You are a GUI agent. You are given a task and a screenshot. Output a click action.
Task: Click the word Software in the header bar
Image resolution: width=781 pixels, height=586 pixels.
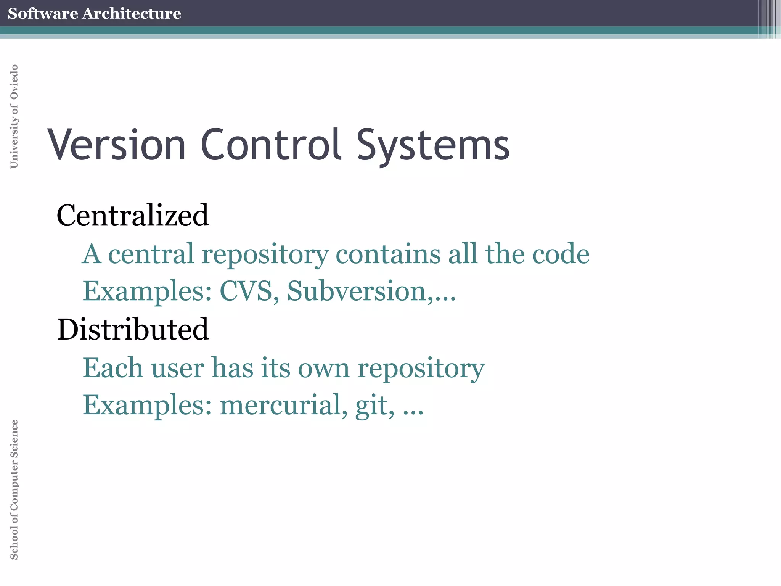[x=43, y=13]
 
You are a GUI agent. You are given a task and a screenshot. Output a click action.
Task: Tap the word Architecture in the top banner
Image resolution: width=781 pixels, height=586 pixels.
[x=132, y=13]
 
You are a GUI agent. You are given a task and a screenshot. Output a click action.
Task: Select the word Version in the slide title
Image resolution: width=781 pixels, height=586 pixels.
[x=117, y=145]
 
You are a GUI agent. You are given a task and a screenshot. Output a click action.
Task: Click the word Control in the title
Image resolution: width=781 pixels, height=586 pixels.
[x=270, y=145]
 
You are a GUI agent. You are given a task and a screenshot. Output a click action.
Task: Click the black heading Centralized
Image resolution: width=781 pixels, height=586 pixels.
[x=133, y=215]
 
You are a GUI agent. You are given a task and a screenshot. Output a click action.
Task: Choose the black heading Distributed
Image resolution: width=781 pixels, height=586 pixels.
[x=133, y=329]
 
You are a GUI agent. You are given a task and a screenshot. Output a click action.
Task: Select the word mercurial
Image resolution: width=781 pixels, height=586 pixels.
[x=284, y=405]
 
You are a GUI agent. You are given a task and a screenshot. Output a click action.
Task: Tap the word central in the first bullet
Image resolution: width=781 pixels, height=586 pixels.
[x=151, y=254]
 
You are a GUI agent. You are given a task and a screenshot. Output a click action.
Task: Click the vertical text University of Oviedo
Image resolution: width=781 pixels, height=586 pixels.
[x=14, y=116]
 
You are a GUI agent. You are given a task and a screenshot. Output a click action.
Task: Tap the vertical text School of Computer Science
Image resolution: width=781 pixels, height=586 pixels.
[x=14, y=489]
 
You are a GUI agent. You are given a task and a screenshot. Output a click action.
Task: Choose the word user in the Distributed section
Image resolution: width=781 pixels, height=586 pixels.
[x=178, y=369]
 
